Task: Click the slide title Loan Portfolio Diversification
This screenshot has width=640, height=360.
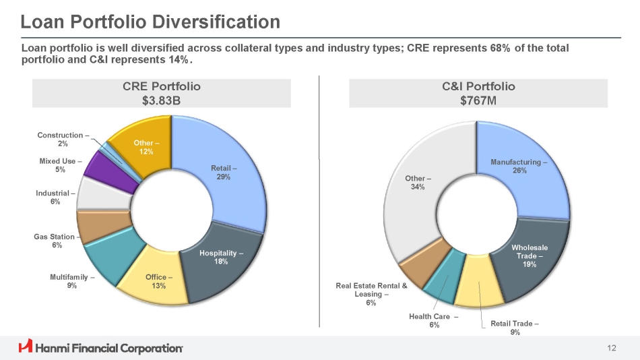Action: pyautogui.click(x=150, y=22)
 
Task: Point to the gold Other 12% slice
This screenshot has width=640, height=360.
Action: pyautogui.click(x=143, y=142)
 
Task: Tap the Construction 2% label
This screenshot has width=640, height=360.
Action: pyautogui.click(x=63, y=140)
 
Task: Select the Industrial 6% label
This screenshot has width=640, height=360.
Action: pyautogui.click(x=55, y=198)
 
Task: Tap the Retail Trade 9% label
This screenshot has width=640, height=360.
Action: pyautogui.click(x=515, y=328)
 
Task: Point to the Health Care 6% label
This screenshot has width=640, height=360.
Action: pyautogui.click(x=434, y=321)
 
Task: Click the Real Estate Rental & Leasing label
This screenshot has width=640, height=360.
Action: pyautogui.click(x=372, y=294)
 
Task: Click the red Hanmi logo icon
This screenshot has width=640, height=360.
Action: pyautogui.click(x=26, y=347)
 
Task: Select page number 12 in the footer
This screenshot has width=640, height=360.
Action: pyautogui.click(x=612, y=348)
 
